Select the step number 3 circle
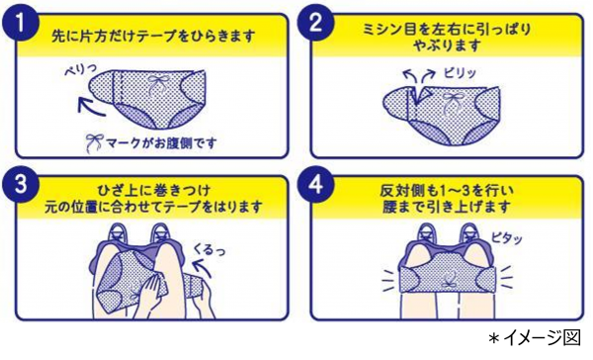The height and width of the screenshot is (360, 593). (x=20, y=184)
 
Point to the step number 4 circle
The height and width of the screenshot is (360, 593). (x=316, y=184)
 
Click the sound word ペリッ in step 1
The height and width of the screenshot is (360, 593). (x=80, y=69)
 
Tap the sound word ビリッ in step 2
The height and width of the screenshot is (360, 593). (x=460, y=72)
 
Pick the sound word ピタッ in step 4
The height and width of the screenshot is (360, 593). (x=507, y=237)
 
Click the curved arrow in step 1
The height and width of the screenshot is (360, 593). (x=90, y=107)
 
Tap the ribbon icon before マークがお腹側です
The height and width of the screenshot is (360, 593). (x=94, y=143)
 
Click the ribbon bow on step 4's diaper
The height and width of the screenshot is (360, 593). (x=449, y=281)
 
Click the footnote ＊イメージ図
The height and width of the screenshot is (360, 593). (x=535, y=338)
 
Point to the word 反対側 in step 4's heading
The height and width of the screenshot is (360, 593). (x=399, y=191)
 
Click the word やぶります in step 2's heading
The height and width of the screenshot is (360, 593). (x=447, y=46)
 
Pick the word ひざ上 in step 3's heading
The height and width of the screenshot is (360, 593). (x=118, y=191)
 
